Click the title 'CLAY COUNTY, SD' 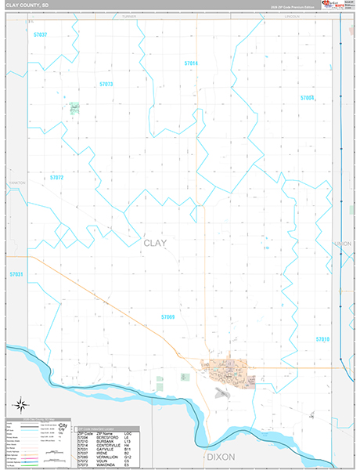coord(27,5)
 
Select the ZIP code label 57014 coord(191,63)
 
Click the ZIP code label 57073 coord(106,84)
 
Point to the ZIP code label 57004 coord(307,98)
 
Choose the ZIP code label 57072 coord(56,178)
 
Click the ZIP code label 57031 coord(16,274)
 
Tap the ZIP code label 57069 coord(167,316)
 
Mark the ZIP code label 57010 coord(323,339)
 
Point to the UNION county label coord(342,244)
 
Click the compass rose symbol coord(22,405)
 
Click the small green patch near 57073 coord(74,108)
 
